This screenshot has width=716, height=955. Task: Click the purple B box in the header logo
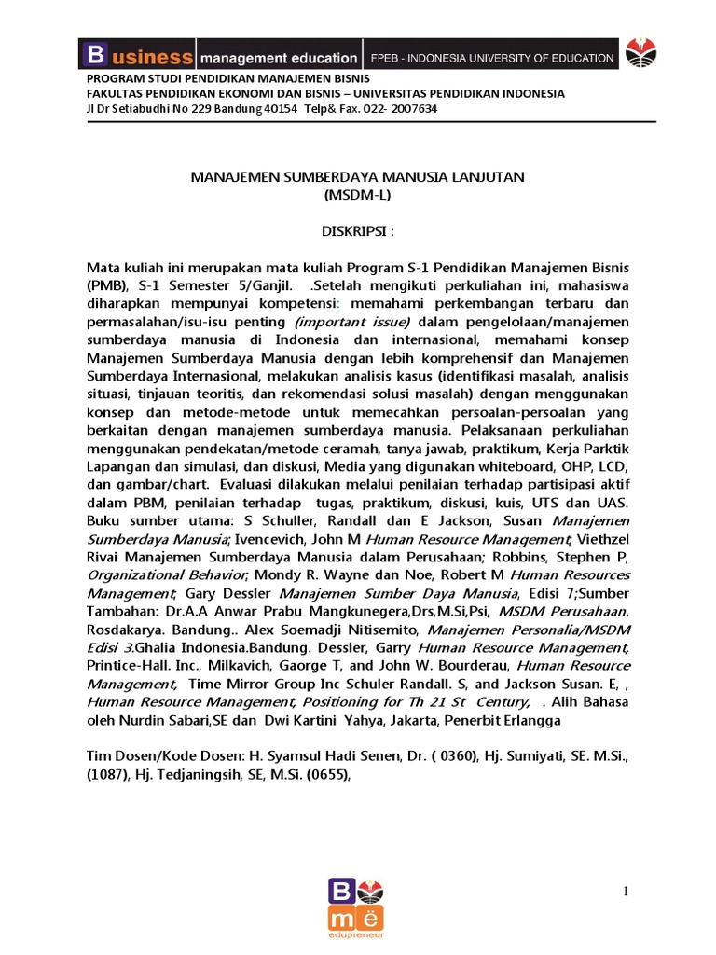(94, 56)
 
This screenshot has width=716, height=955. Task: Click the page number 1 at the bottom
(626, 892)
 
